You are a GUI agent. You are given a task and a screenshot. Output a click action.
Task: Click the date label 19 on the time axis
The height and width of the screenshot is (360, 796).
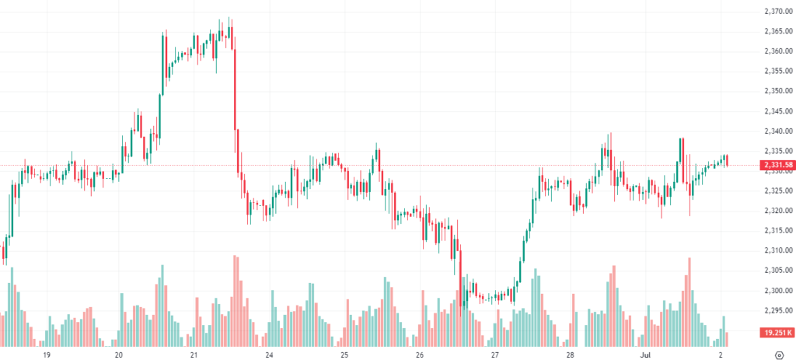47,355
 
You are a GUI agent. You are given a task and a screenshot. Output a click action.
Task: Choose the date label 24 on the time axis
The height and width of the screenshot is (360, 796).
269,355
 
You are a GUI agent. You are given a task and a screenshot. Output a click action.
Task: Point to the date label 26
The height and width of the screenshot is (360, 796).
419,355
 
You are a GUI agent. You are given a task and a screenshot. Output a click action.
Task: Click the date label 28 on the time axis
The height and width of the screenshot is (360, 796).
570,355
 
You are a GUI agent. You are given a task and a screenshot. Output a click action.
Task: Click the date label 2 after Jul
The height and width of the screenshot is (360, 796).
721,355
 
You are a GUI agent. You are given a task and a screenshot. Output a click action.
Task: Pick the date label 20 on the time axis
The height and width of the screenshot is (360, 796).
119,355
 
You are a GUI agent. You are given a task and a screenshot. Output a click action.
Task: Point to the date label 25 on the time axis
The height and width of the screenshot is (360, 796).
344,355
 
